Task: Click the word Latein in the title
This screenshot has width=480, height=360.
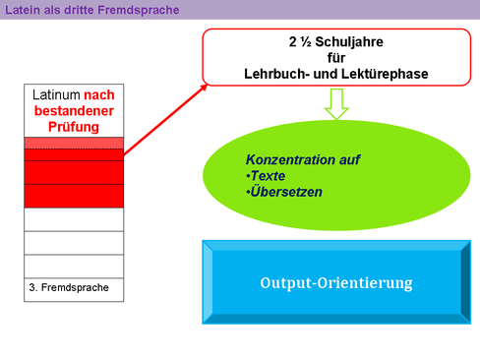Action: click(x=23, y=10)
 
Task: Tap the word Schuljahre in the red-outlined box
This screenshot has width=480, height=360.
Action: click(x=349, y=42)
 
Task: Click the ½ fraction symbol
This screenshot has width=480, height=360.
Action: click(x=306, y=42)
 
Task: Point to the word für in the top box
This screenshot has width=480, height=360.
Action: click(x=336, y=58)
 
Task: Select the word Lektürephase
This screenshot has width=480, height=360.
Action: click(x=382, y=74)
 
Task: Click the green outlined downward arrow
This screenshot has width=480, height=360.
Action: click(x=336, y=103)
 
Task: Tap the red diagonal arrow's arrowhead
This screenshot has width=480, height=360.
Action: click(x=203, y=89)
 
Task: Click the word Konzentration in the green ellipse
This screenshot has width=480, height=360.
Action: click(x=290, y=160)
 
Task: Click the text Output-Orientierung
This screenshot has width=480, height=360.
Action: click(x=336, y=283)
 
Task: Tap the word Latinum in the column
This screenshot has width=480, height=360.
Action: click(x=56, y=95)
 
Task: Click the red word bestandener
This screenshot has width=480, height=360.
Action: click(x=74, y=111)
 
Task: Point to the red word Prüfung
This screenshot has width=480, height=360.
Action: click(x=74, y=127)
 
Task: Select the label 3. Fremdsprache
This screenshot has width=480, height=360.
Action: click(x=69, y=287)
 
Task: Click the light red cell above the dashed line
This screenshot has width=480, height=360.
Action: click(x=74, y=143)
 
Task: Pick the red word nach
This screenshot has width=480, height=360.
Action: click(x=99, y=95)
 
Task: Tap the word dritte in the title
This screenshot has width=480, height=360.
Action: click(x=80, y=10)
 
